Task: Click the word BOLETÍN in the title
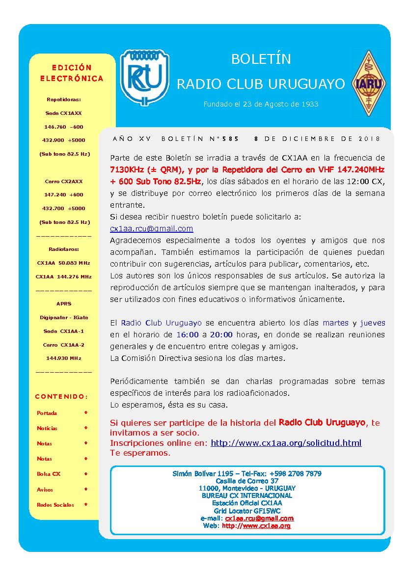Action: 261,59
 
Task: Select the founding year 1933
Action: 310,104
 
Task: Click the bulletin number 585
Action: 230,139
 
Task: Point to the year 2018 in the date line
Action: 372,139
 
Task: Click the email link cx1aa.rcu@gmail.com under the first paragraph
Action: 152,229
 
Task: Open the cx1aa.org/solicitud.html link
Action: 286,443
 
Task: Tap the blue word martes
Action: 336,323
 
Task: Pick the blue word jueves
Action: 373,323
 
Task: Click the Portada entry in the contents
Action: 47,413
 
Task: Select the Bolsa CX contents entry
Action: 49,474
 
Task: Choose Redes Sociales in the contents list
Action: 55,505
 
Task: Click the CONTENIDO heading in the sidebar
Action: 62,396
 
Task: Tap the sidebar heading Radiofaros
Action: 64,249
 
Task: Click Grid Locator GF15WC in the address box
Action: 247,511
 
